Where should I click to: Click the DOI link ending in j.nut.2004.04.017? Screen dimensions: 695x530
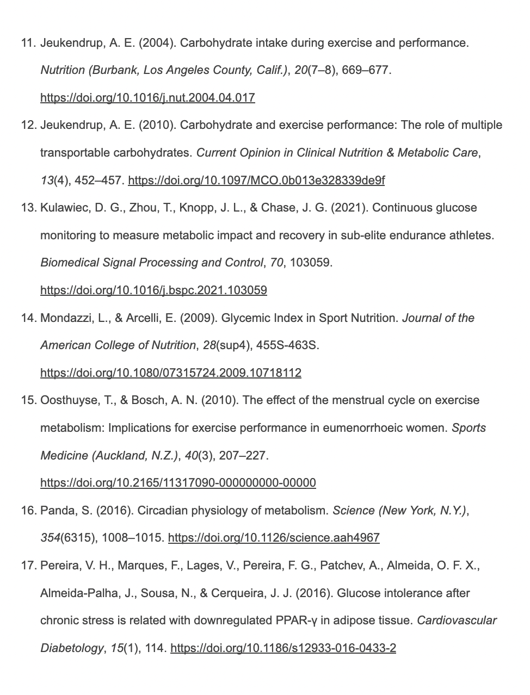coord(147,98)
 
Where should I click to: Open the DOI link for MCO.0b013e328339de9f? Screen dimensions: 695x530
coord(256,180)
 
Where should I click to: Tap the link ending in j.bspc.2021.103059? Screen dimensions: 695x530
coord(153,290)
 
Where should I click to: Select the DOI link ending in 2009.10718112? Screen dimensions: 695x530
coord(170,373)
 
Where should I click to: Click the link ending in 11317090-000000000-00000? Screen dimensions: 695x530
coord(178,482)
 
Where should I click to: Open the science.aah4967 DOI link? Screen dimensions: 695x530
coord(274,538)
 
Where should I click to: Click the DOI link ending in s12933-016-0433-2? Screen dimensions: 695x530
coord(283,648)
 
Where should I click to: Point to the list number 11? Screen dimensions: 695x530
coord(28,43)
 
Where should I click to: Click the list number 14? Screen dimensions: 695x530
coord(28,318)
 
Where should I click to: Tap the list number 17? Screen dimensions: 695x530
coord(28,566)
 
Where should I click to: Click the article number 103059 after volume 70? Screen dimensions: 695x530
coord(310,263)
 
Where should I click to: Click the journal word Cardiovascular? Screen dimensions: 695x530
coord(457,620)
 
